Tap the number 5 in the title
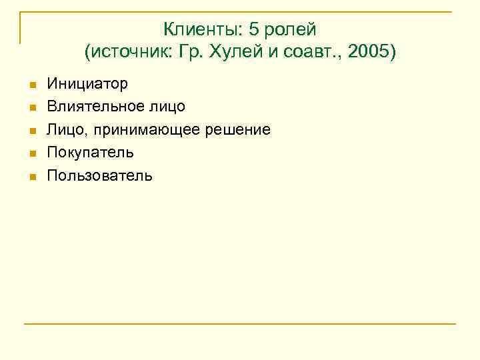[x=254, y=30]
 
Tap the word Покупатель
[x=90, y=153]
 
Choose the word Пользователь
[x=99, y=176]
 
